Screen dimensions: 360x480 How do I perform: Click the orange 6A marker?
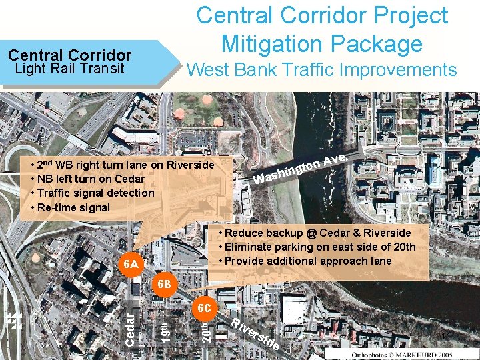coord(131,265)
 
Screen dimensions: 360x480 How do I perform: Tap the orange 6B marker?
coord(164,285)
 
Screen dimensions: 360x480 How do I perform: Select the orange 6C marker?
coord(204,309)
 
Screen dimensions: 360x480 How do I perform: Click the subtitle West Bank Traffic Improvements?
coord(322,69)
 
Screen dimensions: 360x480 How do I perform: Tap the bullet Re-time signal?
coord(73,207)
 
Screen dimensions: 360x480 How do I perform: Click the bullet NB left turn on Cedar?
coord(87,179)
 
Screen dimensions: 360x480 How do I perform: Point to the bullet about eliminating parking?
coord(317,247)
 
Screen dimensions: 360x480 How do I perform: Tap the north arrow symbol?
coord(15,321)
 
